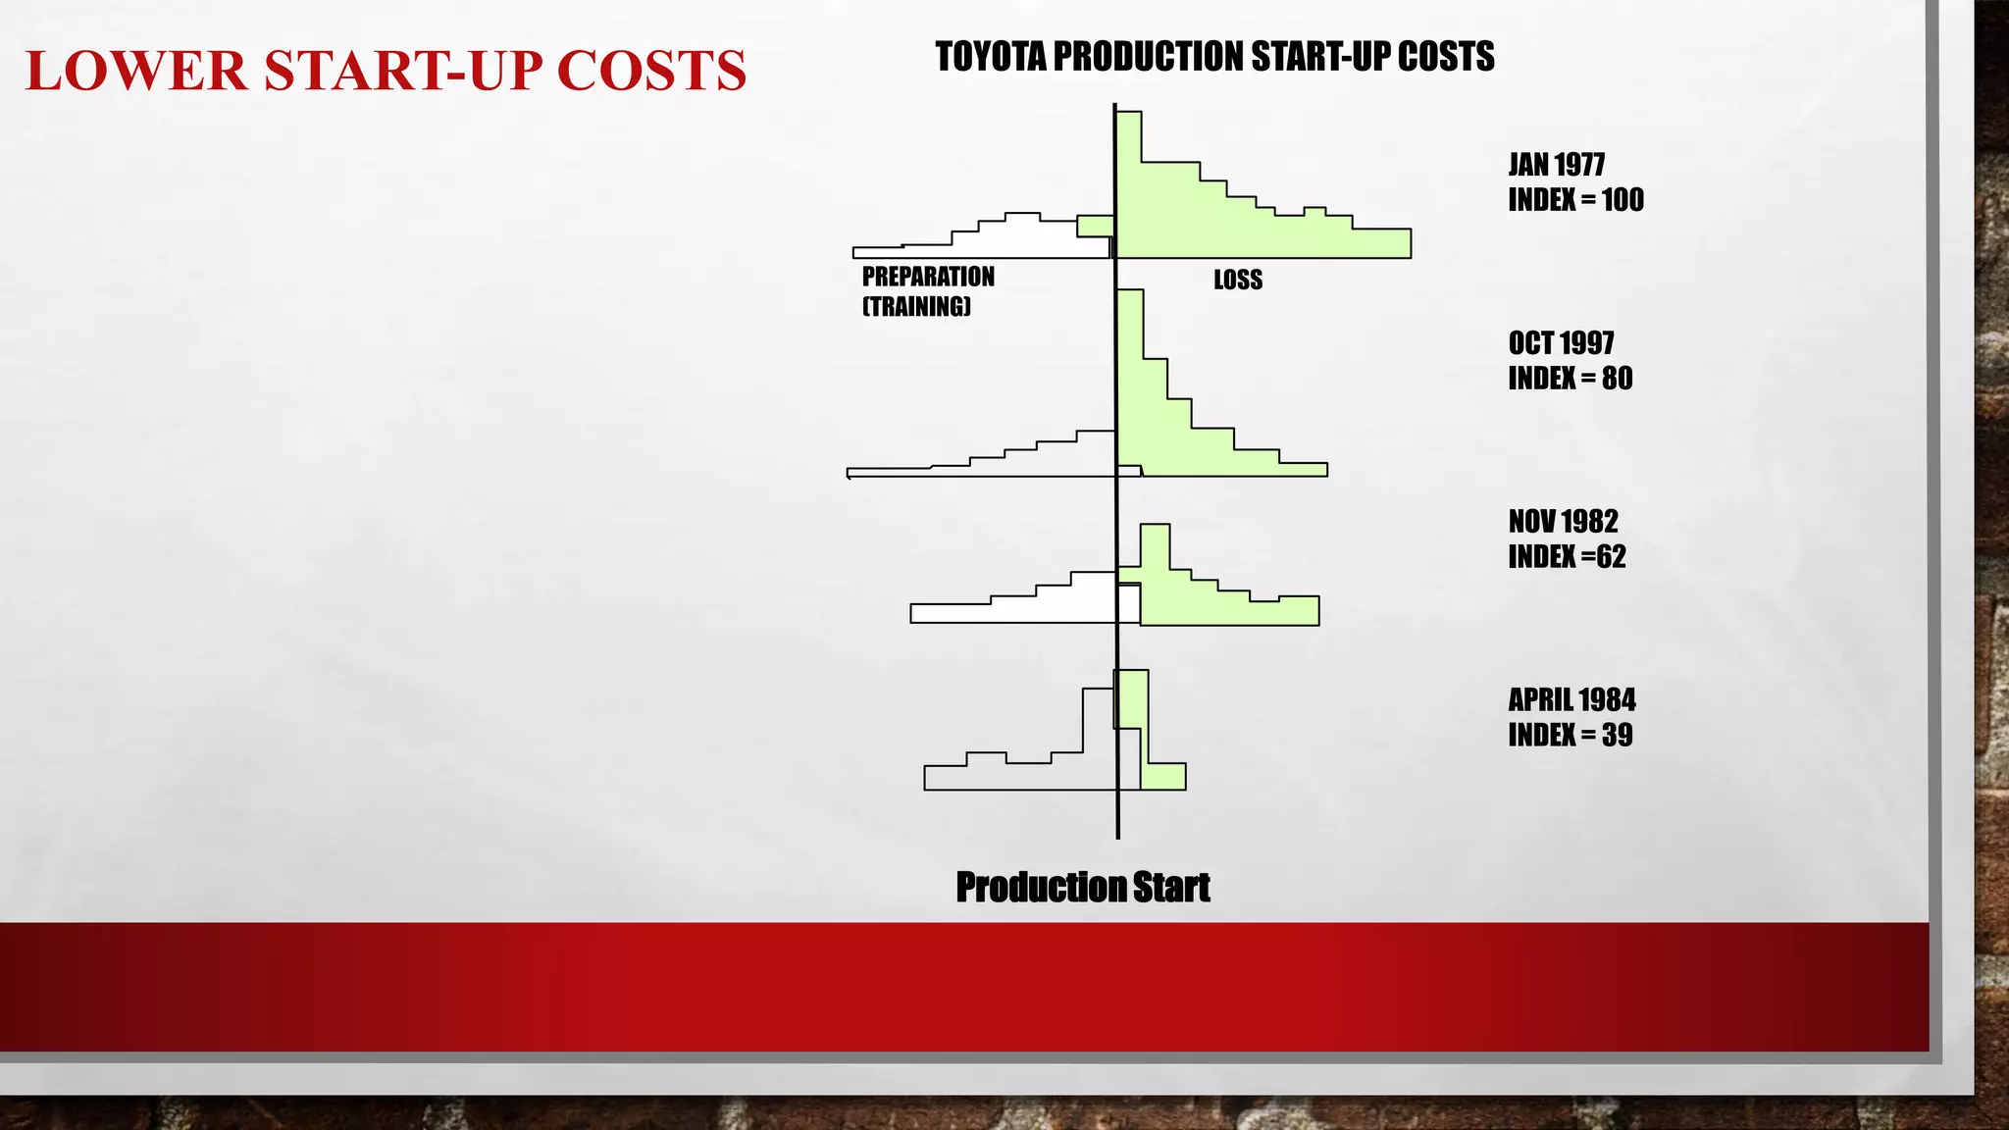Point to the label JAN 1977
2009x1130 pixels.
pyautogui.click(x=1556, y=165)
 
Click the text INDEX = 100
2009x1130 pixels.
pyautogui.click(x=1575, y=200)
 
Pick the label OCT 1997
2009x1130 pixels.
pyautogui.click(x=1561, y=343)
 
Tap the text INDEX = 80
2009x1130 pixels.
pyautogui.click(x=1570, y=379)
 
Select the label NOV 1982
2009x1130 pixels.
pyautogui.click(x=1563, y=521)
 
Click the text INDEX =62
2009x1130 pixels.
pyautogui.click(x=1567, y=557)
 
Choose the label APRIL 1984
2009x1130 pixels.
pyautogui.click(x=1571, y=700)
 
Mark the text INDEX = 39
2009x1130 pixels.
pyautogui.click(x=1570, y=735)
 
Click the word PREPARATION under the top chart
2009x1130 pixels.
pyautogui.click(x=928, y=278)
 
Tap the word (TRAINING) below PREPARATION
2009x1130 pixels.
pyautogui.click(x=916, y=307)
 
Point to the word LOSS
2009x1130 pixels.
pyautogui.click(x=1238, y=281)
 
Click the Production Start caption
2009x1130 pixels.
pyautogui.click(x=1082, y=887)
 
